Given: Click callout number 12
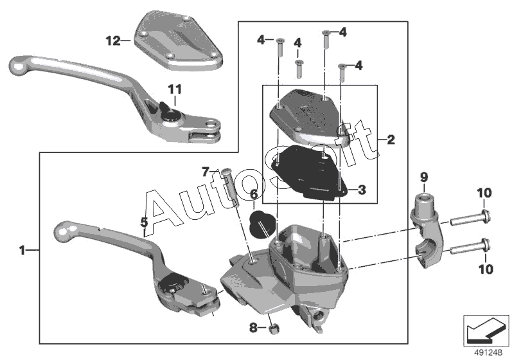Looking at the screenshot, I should pos(112,40).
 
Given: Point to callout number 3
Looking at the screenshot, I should pos(362,190).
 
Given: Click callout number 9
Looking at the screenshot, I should pos(423,177).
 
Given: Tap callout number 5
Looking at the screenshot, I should pos(145,222).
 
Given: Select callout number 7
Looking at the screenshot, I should pos(206,172).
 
